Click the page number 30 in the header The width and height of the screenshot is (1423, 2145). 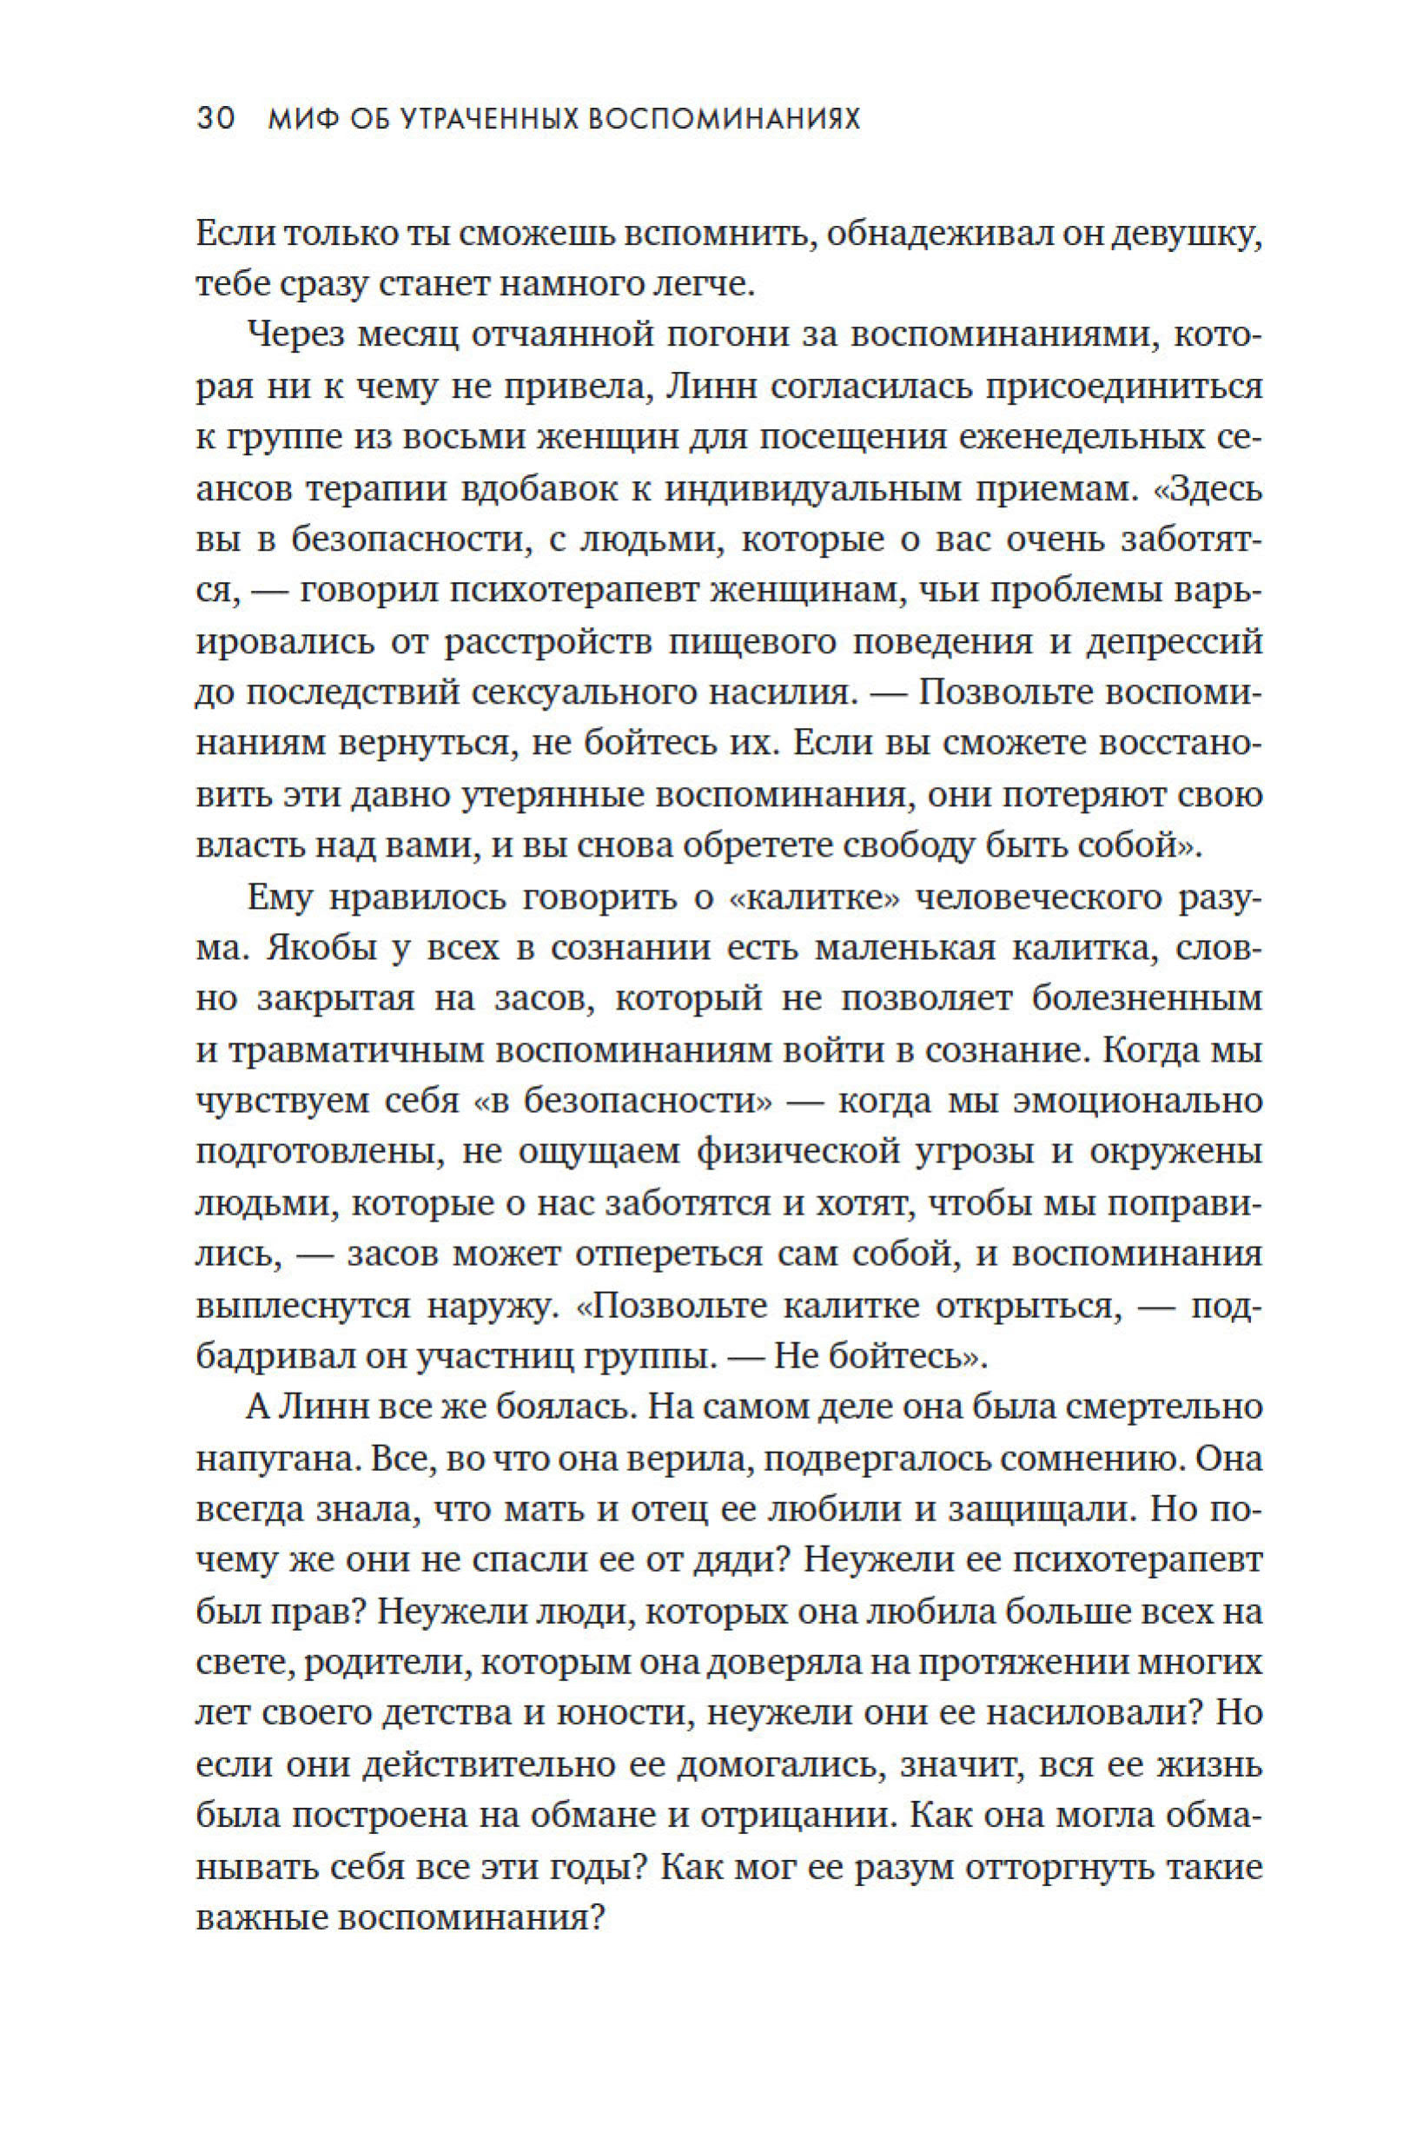(x=216, y=119)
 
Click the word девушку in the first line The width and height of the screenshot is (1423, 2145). (x=1171, y=235)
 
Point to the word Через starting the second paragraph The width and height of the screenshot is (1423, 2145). (x=294, y=336)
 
